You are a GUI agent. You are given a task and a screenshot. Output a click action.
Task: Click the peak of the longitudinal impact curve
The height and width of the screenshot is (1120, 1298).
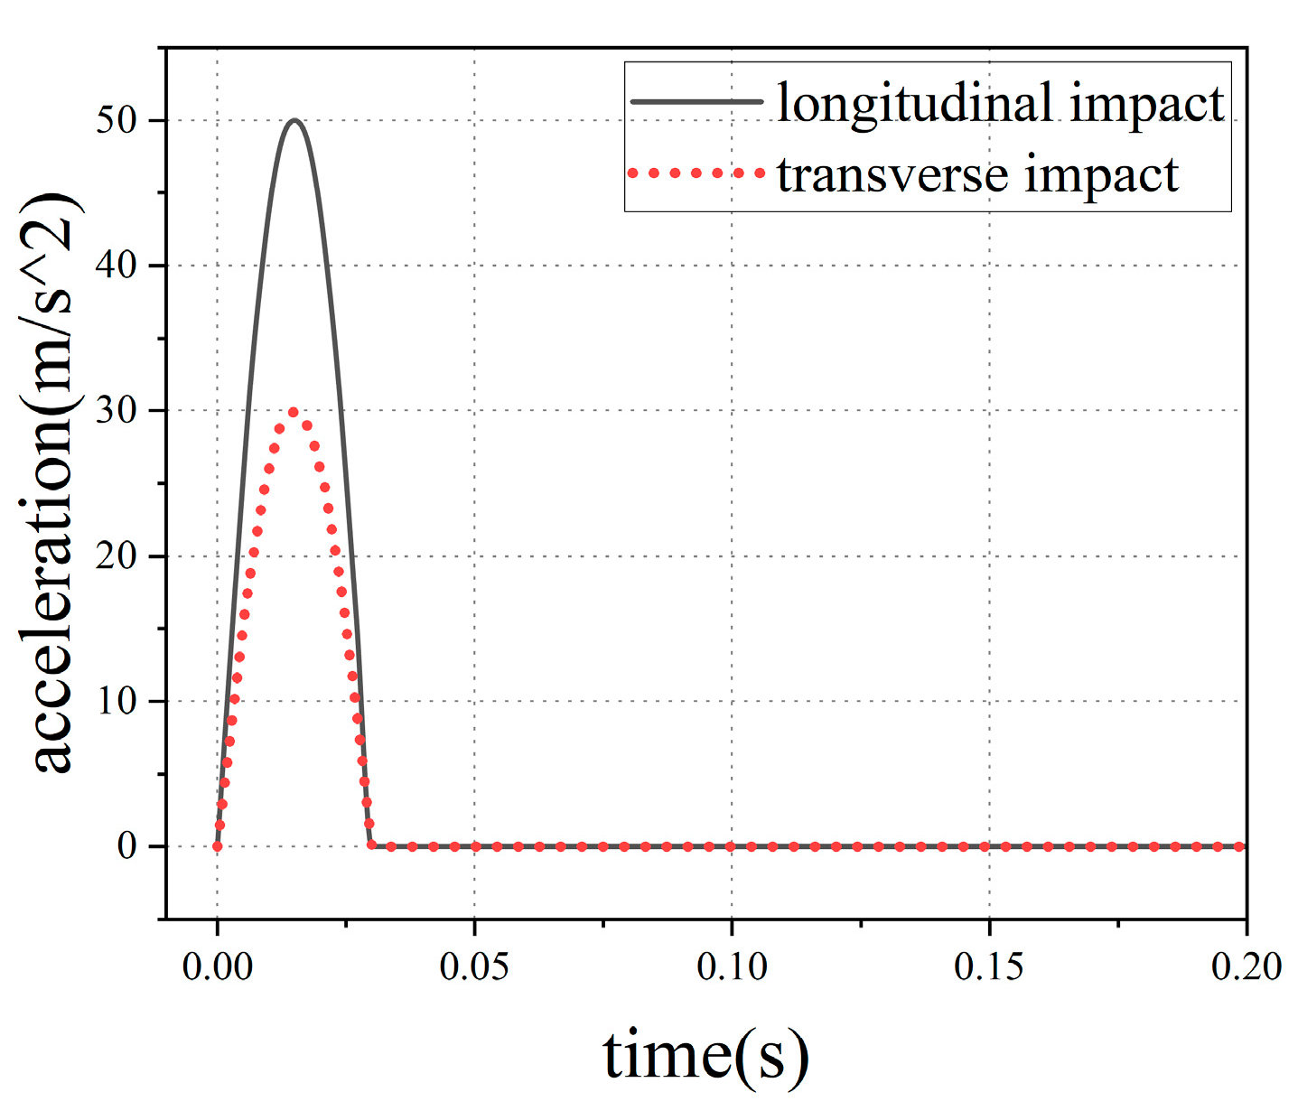click(294, 120)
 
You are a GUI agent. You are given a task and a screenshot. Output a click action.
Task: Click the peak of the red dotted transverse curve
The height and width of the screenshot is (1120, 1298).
click(294, 412)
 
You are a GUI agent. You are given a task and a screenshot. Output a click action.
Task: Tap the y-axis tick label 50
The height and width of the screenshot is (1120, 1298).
click(117, 121)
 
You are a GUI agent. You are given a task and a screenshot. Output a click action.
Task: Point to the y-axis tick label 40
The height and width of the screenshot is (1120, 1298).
click(117, 266)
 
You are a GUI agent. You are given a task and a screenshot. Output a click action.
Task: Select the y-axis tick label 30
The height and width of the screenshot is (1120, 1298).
click(117, 411)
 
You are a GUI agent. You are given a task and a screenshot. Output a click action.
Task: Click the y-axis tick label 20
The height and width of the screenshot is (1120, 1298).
click(117, 556)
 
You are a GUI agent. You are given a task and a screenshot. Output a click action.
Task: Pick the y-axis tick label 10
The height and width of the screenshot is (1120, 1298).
click(117, 702)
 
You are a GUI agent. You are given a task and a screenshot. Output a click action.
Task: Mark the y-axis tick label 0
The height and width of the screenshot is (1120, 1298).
click(127, 847)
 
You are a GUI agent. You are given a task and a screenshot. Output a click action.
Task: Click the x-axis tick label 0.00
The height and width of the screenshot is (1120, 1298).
click(217, 966)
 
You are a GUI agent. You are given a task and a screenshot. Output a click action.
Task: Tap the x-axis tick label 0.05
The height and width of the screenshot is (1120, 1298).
click(474, 966)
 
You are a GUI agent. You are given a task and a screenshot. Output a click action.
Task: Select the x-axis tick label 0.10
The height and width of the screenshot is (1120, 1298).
click(732, 966)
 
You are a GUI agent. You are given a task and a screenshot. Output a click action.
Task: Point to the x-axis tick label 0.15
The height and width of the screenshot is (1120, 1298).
click(989, 966)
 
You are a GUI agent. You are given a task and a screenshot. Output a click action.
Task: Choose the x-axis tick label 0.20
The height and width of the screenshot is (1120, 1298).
click(1246, 966)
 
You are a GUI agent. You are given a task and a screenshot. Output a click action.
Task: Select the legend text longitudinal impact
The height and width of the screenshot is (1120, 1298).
click(1000, 103)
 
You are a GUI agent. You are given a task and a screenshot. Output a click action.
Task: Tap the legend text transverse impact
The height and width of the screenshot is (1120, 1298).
click(977, 173)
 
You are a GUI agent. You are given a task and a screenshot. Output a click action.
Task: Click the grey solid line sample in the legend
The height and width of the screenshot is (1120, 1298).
click(696, 102)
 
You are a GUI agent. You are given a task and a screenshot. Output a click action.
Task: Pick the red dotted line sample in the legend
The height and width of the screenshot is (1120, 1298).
click(696, 173)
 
